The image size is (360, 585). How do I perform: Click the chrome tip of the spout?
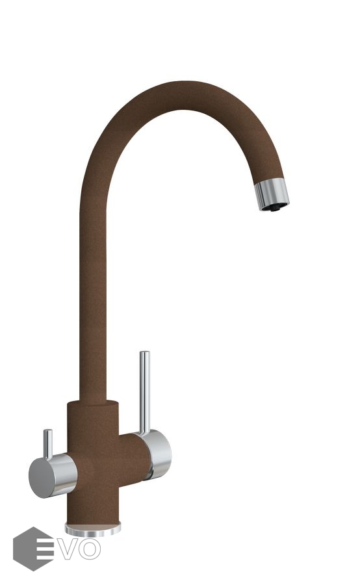coord(272,193)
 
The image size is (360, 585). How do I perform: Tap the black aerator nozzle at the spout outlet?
coord(276,208)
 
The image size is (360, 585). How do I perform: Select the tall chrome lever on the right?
coord(144,392)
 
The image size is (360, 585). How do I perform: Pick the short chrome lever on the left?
coord(47,443)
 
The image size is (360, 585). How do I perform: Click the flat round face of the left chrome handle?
coord(42,478)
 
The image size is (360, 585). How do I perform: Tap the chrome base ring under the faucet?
coord(92,530)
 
